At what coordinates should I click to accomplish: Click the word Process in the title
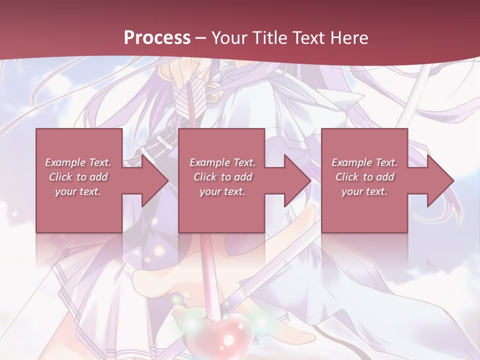click(157, 37)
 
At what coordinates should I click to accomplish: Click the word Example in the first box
click(64, 162)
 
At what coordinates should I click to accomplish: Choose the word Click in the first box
click(61, 177)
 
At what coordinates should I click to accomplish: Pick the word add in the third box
click(385, 177)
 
